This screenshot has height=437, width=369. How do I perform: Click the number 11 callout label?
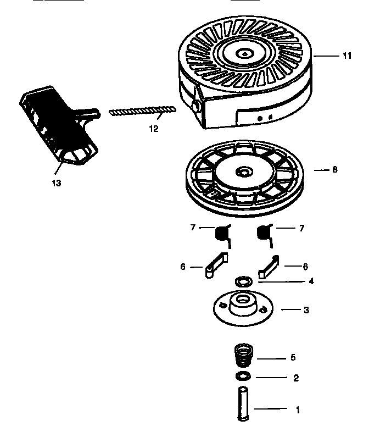point(346,56)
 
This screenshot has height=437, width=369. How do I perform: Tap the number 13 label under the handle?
point(56,182)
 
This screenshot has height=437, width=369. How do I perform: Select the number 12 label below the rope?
point(153,129)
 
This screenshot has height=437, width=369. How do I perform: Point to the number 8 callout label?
point(334,170)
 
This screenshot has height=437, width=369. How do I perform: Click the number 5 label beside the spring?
point(293,357)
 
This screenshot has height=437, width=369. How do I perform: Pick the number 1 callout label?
point(298,409)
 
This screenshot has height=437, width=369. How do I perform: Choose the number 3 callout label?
point(306,310)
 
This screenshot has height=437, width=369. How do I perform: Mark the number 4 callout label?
point(311,281)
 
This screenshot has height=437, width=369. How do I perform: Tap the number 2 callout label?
point(295,378)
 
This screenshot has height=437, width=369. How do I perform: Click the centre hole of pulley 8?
point(241,173)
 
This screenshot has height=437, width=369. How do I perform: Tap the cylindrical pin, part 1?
point(242,405)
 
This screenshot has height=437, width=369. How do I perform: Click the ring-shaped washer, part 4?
point(242,281)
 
